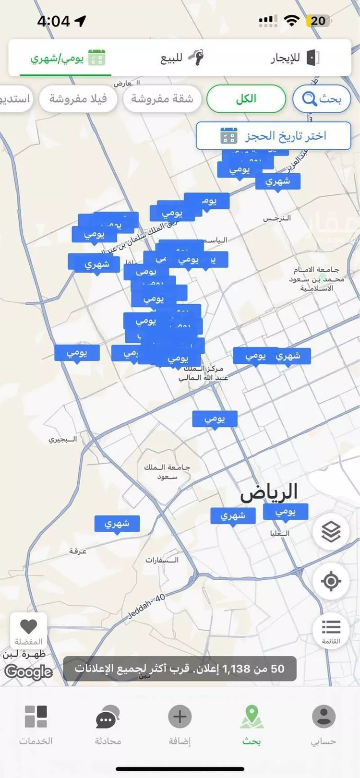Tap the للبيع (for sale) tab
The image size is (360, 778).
[181, 58]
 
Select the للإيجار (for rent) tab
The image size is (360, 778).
[294, 58]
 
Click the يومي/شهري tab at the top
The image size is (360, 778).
[67, 58]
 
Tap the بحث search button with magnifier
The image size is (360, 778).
[322, 99]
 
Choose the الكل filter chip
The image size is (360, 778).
[246, 99]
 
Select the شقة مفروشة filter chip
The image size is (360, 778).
[162, 99]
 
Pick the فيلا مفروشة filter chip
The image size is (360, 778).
[78, 99]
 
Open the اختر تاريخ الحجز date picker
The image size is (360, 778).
[274, 136]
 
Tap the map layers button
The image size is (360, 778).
[331, 531]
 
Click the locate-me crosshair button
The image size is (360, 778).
[331, 581]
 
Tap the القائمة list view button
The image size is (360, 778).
[331, 630]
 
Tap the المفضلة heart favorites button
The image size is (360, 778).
[29, 631]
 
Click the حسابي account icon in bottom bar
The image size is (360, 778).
[324, 724]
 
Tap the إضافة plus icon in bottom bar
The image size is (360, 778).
[180, 724]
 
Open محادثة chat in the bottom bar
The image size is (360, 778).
[108, 724]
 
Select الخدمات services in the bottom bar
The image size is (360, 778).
[36, 724]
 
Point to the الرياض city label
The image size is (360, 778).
[269, 492]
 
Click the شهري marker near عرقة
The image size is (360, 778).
[117, 523]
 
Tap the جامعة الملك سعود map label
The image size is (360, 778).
[167, 472]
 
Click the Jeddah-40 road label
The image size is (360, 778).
[147, 606]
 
